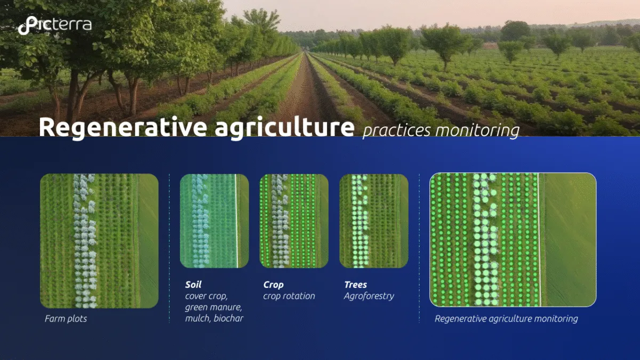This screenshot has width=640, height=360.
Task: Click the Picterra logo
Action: pos(55,25)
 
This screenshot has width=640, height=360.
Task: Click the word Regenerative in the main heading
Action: pos(123,127)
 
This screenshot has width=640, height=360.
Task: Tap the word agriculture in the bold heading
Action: pos(285,127)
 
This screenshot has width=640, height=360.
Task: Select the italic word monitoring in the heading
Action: pos(477,131)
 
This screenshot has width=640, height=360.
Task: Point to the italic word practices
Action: pos(397,131)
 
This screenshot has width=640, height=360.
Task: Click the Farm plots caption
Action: pos(66,318)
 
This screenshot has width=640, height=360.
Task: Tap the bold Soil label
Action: pos(193,285)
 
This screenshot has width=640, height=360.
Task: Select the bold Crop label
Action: pos(274,285)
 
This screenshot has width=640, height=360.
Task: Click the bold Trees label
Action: pos(355,285)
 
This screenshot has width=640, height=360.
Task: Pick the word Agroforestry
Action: pos(369,297)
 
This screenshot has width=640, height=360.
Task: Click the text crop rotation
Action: pos(289,297)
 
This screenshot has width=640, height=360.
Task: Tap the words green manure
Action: pos(213,307)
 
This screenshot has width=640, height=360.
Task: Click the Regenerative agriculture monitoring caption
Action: pos(506,318)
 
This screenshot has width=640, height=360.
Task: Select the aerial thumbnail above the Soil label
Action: pos(214,221)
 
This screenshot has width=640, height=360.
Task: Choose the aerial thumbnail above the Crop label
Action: pos(294,221)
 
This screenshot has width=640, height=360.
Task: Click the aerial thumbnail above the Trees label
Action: pos(374,221)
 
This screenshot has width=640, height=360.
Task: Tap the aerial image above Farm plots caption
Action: pos(99,241)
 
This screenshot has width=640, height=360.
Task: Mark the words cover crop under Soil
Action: pos(206,297)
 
